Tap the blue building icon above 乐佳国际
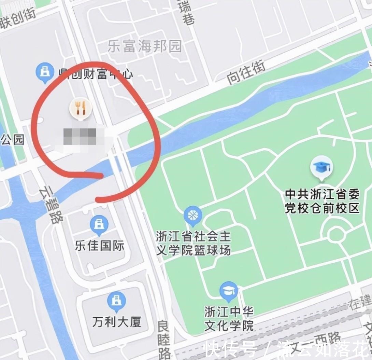coord(99,224)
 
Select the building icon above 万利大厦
coord(116,301)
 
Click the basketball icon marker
coord(193,216)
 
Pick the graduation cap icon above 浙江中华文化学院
coord(229,291)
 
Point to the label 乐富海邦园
coord(145,46)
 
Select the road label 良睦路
coord(164,340)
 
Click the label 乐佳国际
coord(100,246)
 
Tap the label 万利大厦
coord(117,322)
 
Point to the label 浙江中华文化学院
coord(229,318)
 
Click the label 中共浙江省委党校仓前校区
coord(322,201)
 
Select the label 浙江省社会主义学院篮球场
coord(193,243)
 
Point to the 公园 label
coord(12,139)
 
